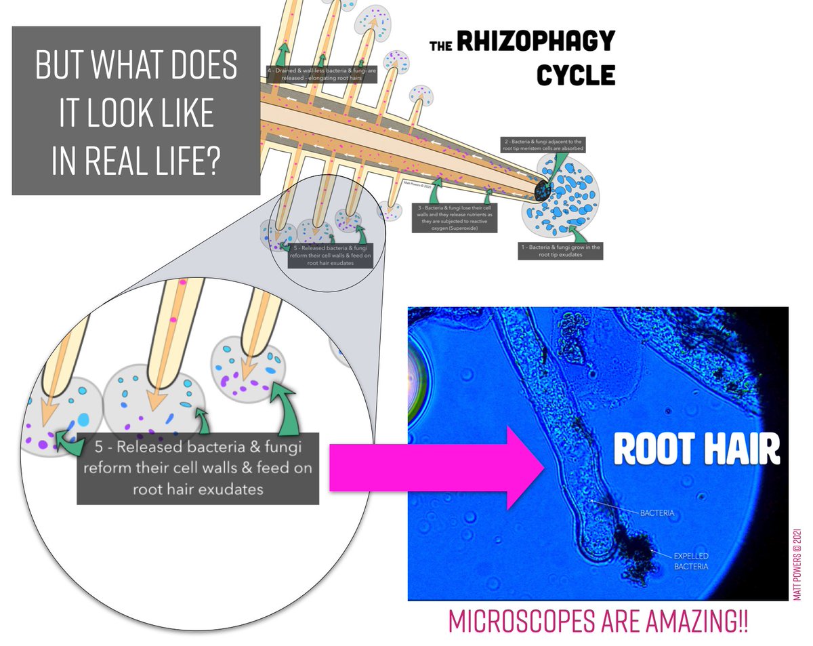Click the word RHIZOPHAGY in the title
tap(536, 42)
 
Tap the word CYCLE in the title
tap(576, 75)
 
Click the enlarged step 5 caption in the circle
tap(198, 468)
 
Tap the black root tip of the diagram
tap(543, 188)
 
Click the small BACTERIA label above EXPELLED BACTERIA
tap(657, 513)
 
